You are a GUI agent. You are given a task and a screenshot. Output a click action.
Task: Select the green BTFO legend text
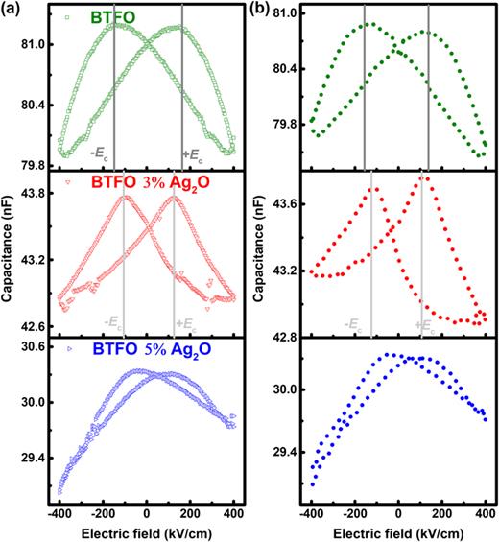click(113, 16)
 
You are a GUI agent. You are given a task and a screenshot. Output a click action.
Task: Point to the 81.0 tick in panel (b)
click(280, 12)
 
